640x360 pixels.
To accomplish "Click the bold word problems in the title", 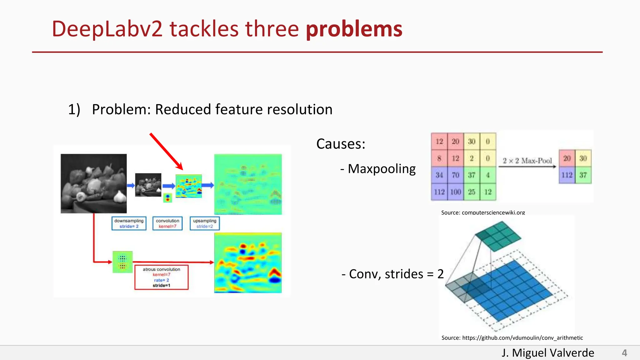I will tap(354, 29).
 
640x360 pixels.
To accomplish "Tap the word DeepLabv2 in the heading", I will tap(107, 29).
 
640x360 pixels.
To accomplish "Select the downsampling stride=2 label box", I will tap(129, 223).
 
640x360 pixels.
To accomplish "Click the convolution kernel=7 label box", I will tap(167, 223).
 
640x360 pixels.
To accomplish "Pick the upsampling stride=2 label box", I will tap(205, 223).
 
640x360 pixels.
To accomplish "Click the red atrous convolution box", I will tap(161, 277).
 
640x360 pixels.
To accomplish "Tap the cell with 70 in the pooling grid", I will tap(455, 175).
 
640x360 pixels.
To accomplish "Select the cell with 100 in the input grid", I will tap(455, 192).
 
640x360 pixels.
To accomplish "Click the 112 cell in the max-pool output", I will tap(567, 175).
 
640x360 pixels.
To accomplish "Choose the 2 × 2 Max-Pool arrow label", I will tap(527, 161).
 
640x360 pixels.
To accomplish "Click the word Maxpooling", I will tap(382, 169).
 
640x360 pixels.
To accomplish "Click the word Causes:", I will tap(341, 144).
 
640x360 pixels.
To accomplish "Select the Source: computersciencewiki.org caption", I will tap(483, 212).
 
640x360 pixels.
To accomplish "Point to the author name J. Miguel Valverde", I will tap(548, 353).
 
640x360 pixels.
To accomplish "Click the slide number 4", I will tap(624, 353).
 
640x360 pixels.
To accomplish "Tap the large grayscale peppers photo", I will tap(94, 183).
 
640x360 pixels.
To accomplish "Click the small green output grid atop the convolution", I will tap(498, 236).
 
